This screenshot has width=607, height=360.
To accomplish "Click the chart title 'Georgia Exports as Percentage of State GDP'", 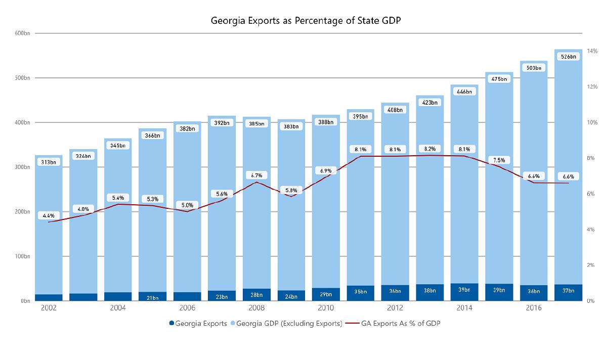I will [x=303, y=22].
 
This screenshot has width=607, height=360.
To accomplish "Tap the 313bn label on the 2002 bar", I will [x=49, y=162].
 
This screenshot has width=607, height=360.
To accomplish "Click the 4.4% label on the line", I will [x=49, y=215].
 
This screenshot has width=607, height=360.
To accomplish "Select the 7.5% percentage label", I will [x=499, y=160].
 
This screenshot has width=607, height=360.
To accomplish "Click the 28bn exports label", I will [x=256, y=294].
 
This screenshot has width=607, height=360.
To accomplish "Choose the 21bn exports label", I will [x=152, y=298].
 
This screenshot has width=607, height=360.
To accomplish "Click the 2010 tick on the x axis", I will [x=325, y=308].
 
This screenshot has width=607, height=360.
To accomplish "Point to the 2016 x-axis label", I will [x=534, y=308].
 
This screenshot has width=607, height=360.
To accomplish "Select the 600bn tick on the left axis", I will [x=23, y=33].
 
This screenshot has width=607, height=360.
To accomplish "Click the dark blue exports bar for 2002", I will [x=49, y=297].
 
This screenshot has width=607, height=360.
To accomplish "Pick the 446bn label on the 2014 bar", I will [x=464, y=92].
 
